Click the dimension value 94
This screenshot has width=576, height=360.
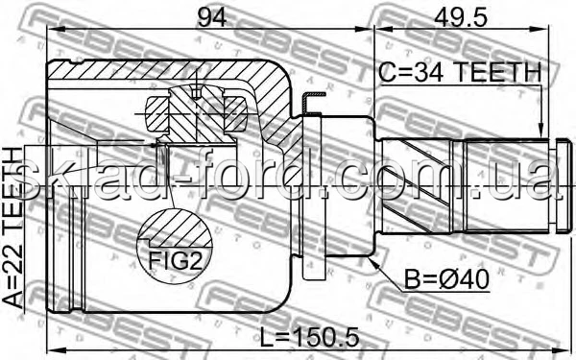coord(211,17)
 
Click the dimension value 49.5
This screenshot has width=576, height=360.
coord(461,17)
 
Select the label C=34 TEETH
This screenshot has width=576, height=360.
coord(460,72)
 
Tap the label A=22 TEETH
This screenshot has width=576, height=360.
coord(13,228)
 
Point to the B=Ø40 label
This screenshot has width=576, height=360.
coord(446,279)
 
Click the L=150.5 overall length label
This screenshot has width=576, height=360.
coord(309,338)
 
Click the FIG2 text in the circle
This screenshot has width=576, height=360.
coord(176,260)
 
